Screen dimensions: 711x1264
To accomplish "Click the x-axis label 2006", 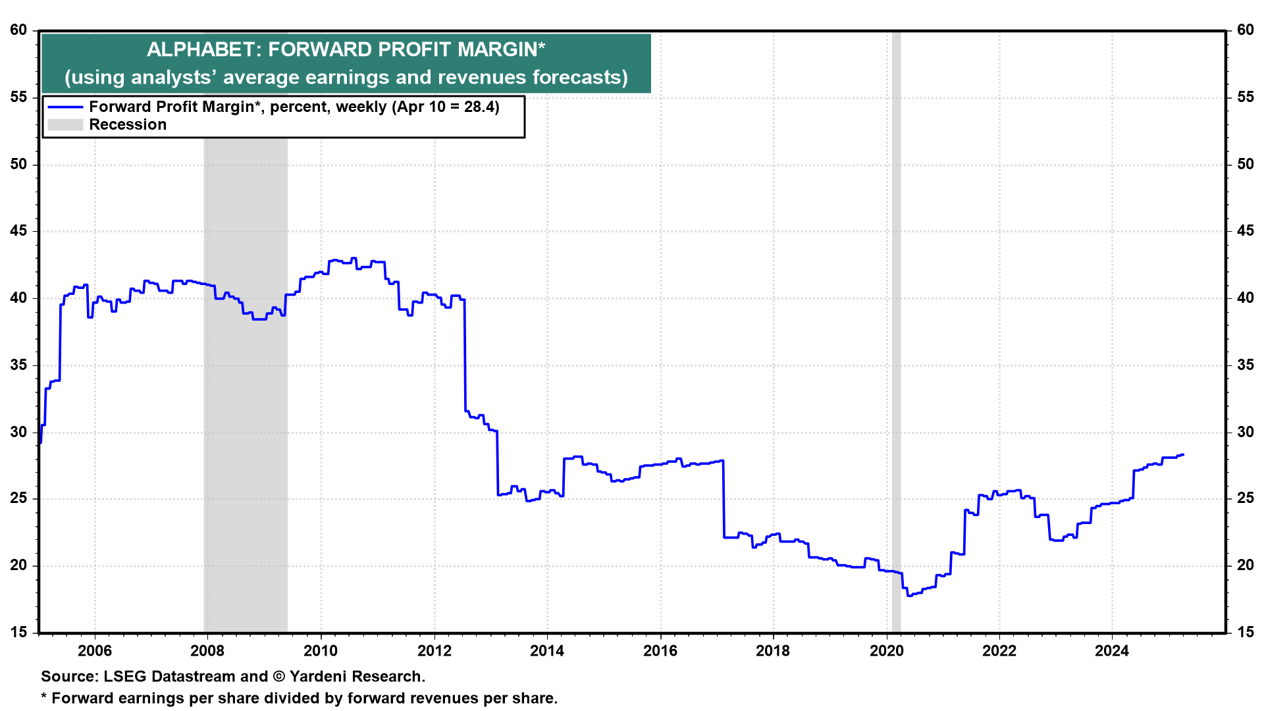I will (95, 651).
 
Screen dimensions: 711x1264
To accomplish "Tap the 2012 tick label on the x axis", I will (434, 651).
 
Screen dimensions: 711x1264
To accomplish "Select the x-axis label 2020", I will (887, 651).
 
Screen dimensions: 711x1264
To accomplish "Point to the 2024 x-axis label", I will (1112, 651).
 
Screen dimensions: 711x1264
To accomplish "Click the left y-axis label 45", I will (18, 231).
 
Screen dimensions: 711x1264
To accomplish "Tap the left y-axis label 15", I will (18, 632).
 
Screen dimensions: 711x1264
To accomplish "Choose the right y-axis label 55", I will (1245, 97).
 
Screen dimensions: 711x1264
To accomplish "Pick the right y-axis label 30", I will (1245, 432).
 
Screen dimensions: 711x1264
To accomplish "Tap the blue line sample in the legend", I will (65, 107).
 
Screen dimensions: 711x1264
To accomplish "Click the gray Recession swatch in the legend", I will (65, 125).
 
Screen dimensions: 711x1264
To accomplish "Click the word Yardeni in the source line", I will (319, 677).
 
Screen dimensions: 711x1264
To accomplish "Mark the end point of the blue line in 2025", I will (1183, 455).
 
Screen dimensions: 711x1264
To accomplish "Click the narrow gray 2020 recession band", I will (896, 329).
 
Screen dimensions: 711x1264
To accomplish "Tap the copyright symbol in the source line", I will (278, 677).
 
